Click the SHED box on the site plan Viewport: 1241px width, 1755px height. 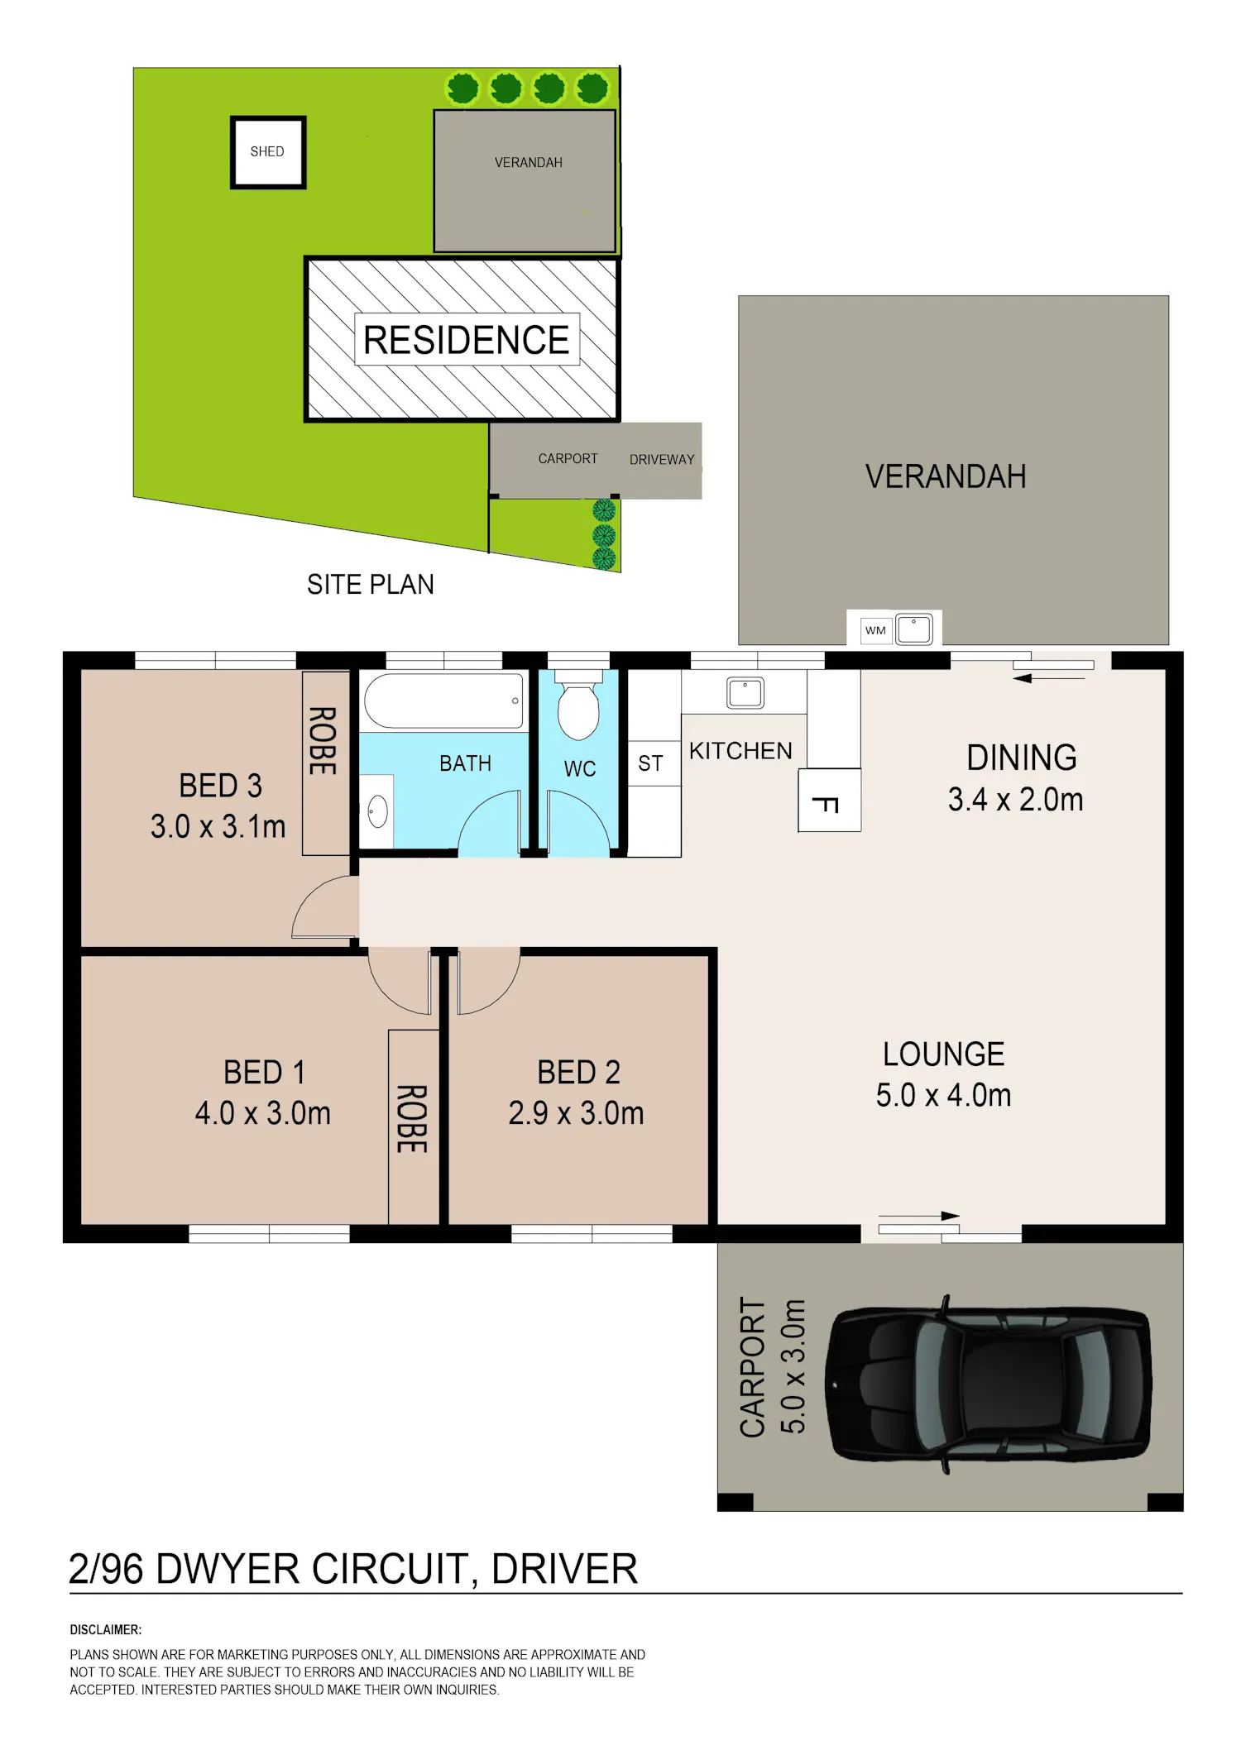(268, 152)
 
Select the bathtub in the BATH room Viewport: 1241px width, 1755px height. (444, 701)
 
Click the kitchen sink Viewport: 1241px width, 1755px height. (745, 692)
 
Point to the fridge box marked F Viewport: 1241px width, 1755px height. (829, 800)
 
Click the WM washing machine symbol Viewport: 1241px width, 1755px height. (875, 630)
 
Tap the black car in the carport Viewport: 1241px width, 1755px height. (989, 1384)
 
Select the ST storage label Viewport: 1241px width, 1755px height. (650, 763)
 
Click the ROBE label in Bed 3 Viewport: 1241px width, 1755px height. (323, 740)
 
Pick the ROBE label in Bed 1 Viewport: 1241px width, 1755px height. (412, 1118)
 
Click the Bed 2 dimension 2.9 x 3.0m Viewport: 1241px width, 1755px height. (576, 1113)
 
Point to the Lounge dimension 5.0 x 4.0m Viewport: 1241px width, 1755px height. (943, 1095)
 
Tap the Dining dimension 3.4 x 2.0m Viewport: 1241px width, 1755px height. (1015, 800)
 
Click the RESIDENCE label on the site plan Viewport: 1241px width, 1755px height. (467, 340)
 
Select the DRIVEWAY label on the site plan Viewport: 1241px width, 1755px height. (662, 460)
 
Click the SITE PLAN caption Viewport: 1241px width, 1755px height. (371, 585)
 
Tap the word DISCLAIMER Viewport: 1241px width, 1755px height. (105, 1629)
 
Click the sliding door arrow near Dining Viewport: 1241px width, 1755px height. (1048, 678)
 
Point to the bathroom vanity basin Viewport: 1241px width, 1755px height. (378, 812)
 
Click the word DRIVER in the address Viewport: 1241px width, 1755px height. (564, 1569)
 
